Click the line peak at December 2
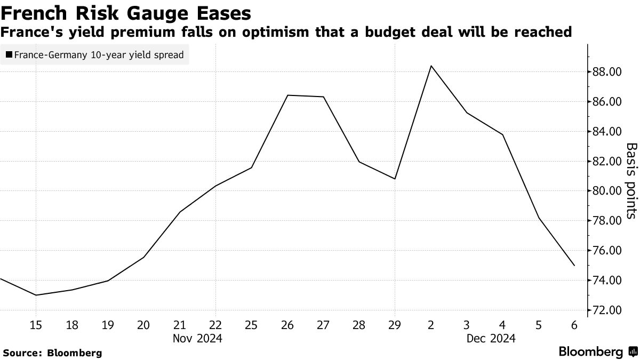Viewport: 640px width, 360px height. pos(430,66)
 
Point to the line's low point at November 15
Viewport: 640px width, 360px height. pos(36,295)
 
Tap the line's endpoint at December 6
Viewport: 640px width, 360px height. pos(574,266)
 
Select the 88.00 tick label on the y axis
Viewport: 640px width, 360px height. pos(607,72)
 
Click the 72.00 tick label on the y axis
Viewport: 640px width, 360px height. pos(607,310)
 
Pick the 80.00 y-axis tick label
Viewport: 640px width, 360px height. pos(607,191)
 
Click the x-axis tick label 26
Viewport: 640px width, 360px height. pos(287,325)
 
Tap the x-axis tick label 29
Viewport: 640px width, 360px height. pos(395,325)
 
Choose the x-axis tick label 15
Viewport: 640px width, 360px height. pos(36,325)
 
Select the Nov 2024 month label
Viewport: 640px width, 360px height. pos(197,338)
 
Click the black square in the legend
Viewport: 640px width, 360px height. pos(9,54)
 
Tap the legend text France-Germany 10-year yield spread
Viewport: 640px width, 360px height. pos(99,54)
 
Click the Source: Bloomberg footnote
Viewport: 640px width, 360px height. pos(52,353)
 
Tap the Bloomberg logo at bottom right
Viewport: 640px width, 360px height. pos(597,352)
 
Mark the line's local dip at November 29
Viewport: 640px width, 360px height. pos(395,179)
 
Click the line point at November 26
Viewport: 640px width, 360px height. pos(287,95)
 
